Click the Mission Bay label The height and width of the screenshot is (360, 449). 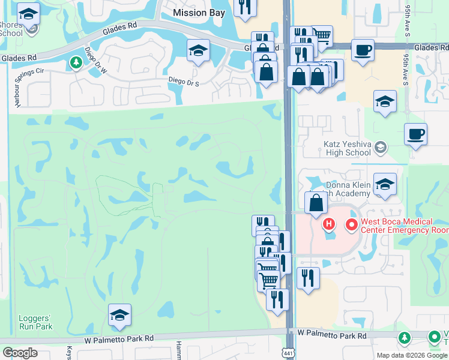coord(199,13)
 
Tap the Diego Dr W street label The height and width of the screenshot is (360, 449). coord(95,62)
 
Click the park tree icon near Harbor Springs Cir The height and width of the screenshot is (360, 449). coord(76,62)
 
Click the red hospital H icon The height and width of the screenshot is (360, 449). coord(328,226)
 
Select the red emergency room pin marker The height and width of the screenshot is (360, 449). coord(352,226)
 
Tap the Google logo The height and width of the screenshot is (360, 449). coord(20,353)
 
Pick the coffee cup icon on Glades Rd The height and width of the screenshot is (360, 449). coord(362,50)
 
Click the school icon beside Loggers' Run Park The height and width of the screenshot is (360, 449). coord(120,314)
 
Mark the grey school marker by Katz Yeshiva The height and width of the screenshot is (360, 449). coord(380,147)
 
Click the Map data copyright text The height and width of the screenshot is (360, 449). coord(412,355)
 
